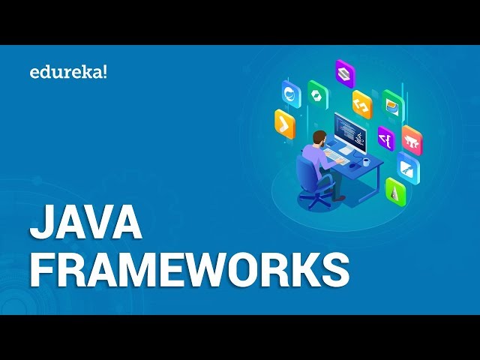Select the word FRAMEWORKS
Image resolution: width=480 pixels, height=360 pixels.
(189, 268)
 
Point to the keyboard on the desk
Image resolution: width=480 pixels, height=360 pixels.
(338, 160)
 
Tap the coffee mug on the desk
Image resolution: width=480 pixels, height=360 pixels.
(366, 160)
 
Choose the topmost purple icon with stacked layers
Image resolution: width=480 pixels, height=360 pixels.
(344, 72)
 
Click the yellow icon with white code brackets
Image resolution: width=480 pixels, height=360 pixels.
(362, 105)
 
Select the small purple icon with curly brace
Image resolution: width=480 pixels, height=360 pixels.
(385, 139)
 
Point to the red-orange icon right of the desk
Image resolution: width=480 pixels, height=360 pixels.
(412, 139)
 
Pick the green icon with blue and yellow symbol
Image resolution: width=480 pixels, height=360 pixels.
(393, 105)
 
